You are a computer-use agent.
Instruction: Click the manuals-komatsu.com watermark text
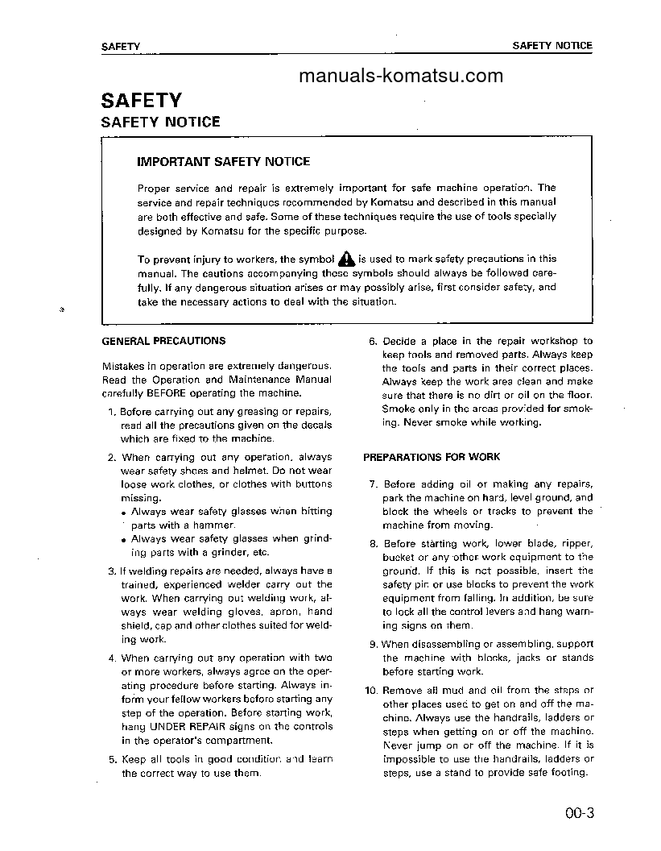[400, 77]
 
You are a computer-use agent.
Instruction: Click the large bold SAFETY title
[142, 101]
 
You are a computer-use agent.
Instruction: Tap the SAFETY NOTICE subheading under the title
[160, 122]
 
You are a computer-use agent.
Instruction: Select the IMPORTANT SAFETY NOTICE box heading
[223, 162]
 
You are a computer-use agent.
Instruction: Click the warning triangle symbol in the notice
[345, 259]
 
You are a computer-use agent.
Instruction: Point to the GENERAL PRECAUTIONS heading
[163, 341]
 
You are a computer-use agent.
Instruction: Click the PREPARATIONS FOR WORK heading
[432, 457]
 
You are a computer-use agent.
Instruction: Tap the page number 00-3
[578, 812]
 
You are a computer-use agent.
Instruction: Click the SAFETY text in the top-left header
[121, 47]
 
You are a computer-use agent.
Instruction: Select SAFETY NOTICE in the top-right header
[552, 46]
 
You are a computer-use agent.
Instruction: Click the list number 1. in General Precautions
[112, 412]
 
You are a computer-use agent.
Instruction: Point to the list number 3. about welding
[112, 571]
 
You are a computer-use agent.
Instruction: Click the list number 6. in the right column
[373, 341]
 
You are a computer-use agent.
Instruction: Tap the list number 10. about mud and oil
[370, 691]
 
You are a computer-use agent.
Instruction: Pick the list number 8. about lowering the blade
[373, 544]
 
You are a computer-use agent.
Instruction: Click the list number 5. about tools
[112, 759]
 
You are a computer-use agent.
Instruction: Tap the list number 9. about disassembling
[373, 644]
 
